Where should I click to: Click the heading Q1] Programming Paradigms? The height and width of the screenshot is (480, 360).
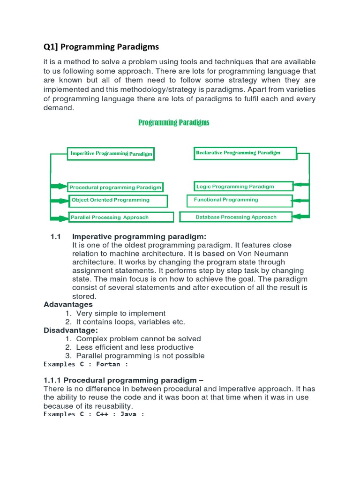[101, 47]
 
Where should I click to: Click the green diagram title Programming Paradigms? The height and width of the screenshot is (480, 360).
[173, 123]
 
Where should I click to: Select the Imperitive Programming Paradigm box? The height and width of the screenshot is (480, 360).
[111, 153]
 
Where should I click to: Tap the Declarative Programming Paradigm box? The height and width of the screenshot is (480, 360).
[245, 153]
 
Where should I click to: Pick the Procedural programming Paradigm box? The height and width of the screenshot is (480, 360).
[115, 187]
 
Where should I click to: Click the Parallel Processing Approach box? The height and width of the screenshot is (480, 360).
[120, 217]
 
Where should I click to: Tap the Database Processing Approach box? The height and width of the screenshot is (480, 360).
[236, 217]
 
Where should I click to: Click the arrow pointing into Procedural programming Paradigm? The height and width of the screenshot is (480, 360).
[59, 186]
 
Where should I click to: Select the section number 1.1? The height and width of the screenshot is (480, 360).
[56, 237]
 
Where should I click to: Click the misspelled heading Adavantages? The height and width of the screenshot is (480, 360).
[68, 305]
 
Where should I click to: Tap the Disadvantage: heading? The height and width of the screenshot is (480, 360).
[71, 330]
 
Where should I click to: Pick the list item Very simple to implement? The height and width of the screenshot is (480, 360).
[120, 313]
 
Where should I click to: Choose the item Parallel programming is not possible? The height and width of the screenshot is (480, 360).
[140, 356]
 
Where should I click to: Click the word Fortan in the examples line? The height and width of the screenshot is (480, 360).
[108, 364]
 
